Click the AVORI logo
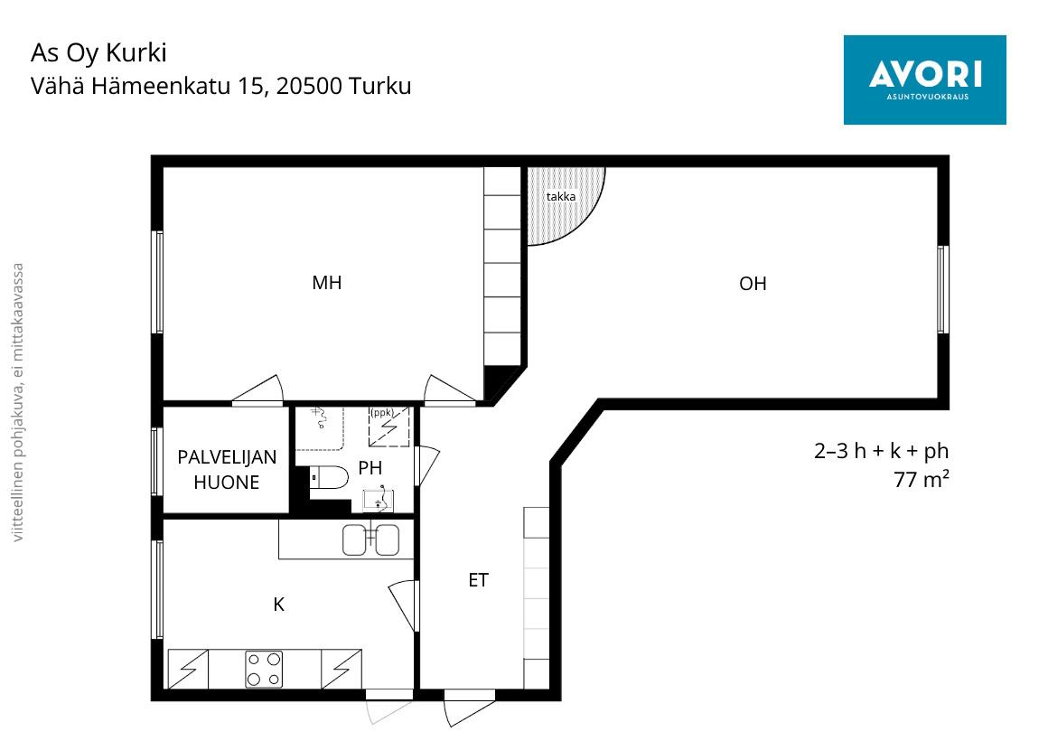tap(924, 80)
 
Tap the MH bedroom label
tap(327, 283)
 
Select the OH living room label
tap(753, 284)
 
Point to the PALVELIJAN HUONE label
tap(227, 470)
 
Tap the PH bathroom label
tap(370, 467)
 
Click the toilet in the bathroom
tap(329, 477)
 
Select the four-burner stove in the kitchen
tap(264, 669)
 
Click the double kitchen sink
tap(371, 539)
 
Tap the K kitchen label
tap(278, 605)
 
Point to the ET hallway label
tap(479, 580)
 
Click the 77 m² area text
tap(921, 480)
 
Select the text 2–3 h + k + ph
tap(881, 452)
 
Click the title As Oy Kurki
tap(98, 53)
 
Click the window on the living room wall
tap(942, 289)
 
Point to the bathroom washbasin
tap(379, 501)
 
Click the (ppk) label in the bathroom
tap(382, 413)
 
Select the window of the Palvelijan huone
tap(157, 462)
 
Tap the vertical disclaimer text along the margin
tap(18, 403)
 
